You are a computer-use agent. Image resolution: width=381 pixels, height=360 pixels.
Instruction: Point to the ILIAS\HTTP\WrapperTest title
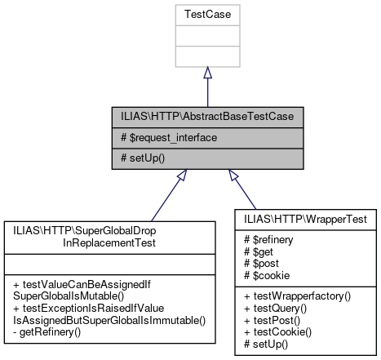tap(307, 219)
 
